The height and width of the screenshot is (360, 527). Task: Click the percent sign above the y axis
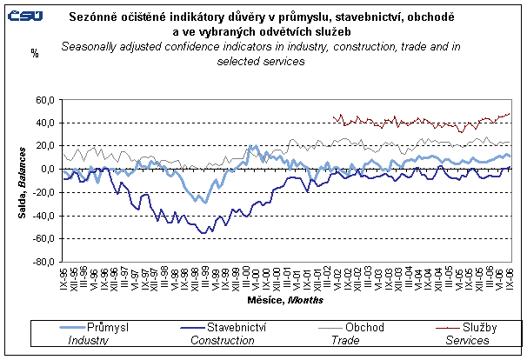[x=35, y=53]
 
